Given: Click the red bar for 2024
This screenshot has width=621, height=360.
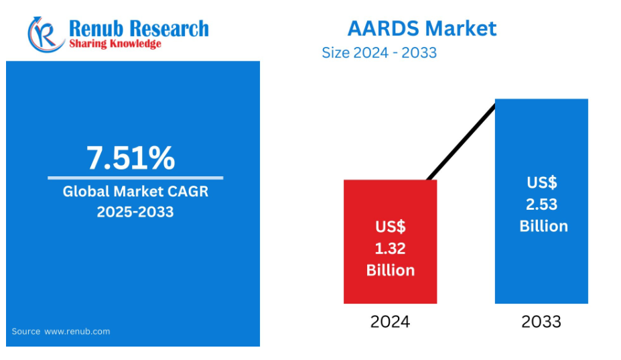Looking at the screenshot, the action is (x=390, y=242).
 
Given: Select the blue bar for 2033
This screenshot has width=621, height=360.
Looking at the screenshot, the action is (x=541, y=201).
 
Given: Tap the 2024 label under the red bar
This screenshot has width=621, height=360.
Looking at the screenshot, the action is (x=390, y=322).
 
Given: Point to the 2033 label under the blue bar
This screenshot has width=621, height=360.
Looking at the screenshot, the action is (x=541, y=322).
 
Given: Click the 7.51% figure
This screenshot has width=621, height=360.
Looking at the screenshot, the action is (x=131, y=158).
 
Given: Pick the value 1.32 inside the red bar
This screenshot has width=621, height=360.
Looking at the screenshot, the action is (x=390, y=249).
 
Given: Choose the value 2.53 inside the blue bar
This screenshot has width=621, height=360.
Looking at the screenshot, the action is (x=541, y=204).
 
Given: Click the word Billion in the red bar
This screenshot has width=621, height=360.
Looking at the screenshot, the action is (x=391, y=270).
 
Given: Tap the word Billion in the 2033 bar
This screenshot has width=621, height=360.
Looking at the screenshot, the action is (x=543, y=227).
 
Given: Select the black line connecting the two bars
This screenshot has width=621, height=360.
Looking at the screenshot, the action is (x=462, y=142).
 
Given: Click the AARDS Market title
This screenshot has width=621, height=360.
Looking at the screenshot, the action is (x=422, y=29).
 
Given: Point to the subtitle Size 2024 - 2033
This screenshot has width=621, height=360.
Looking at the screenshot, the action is (x=379, y=53).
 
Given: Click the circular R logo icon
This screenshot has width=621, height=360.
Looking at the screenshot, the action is (x=46, y=35).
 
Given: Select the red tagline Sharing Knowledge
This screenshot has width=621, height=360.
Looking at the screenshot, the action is (x=115, y=44).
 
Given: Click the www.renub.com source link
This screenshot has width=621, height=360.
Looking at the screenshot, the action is (x=77, y=331).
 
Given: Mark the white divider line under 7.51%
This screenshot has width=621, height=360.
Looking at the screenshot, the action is (x=135, y=178).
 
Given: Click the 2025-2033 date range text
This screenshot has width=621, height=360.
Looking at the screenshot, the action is (x=135, y=212).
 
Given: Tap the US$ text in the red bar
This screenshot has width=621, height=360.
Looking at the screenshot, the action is (x=391, y=227).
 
